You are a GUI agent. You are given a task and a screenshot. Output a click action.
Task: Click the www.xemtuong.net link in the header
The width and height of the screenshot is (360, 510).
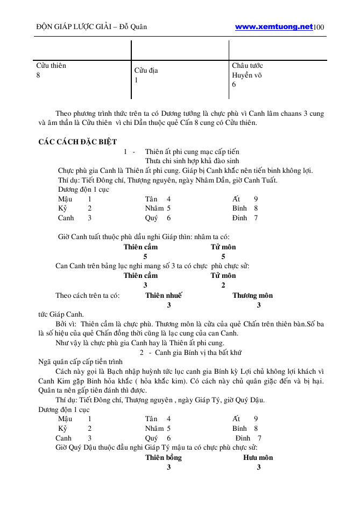274,26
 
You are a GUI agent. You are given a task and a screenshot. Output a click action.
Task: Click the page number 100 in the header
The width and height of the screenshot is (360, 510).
318,27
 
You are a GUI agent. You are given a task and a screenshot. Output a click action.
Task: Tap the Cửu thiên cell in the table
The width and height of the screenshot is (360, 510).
51,66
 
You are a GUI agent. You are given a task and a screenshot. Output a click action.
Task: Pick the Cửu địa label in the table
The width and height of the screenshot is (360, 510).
146,71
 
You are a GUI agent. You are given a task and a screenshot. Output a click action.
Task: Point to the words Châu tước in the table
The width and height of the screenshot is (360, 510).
247,66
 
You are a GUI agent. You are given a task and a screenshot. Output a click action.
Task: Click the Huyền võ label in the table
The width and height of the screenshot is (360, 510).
246,75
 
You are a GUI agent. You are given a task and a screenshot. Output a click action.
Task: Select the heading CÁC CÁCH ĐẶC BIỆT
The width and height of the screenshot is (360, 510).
77,142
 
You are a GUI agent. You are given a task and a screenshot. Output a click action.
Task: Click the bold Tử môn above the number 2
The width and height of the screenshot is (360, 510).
223,276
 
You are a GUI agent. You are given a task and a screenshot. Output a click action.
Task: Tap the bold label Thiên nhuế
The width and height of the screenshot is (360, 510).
164,295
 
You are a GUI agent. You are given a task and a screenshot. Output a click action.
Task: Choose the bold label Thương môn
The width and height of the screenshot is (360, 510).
252,295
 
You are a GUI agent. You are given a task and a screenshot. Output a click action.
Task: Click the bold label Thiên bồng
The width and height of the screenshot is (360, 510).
164,457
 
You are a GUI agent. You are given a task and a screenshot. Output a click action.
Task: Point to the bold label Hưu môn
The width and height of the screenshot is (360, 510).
258,457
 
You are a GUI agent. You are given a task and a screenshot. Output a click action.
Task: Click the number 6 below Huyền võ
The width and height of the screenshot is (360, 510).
234,85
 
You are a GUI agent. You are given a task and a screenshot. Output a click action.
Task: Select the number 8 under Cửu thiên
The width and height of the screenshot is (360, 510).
38,75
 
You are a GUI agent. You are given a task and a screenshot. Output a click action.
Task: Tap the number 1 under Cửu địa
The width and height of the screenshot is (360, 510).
136,80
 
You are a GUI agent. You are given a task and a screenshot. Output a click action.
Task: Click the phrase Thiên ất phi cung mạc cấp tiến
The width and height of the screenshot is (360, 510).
192,151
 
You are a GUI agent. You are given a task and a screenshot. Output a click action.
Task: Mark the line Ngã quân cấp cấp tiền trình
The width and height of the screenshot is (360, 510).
80,361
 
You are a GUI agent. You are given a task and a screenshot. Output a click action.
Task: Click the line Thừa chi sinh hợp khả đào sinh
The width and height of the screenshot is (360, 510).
192,161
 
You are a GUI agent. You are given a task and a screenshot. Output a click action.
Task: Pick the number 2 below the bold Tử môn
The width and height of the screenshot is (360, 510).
223,285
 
